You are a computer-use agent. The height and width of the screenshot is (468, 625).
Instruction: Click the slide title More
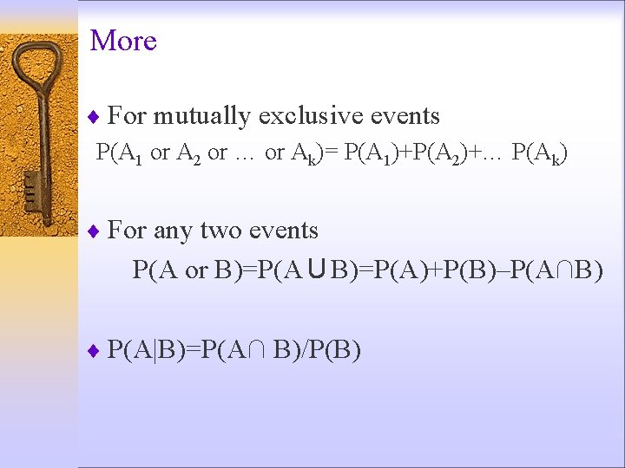(123, 41)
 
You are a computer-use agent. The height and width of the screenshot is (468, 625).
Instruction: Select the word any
(172, 231)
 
